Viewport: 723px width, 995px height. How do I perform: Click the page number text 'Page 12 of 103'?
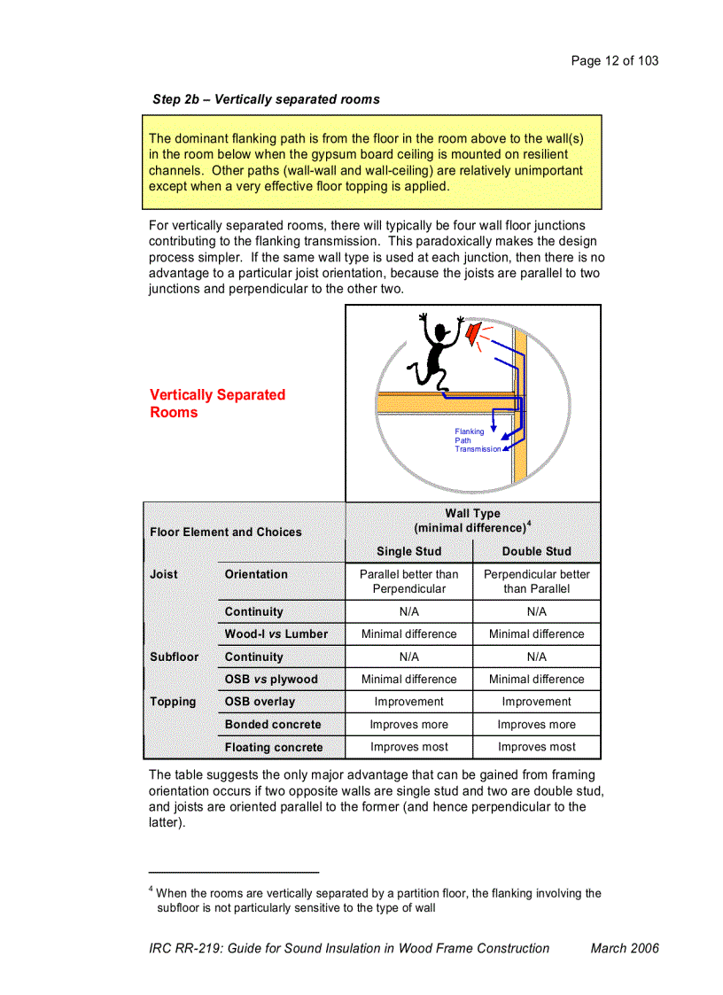coord(615,60)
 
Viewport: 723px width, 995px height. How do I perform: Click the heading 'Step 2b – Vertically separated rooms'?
coord(266,99)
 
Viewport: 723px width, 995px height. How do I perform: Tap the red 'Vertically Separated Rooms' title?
coord(217,403)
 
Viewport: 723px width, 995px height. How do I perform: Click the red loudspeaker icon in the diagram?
coord(475,333)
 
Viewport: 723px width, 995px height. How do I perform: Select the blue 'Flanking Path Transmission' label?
coord(477,440)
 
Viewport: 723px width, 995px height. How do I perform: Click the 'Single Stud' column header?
coord(408,551)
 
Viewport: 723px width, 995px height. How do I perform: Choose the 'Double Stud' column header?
coord(537,551)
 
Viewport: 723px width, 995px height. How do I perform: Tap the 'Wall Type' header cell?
coord(473,520)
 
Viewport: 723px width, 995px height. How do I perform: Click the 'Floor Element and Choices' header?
coord(226,532)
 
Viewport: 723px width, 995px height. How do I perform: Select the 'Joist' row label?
coord(164,574)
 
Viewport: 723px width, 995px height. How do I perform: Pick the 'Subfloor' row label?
coord(174,657)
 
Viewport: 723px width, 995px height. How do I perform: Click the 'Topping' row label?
coord(173,702)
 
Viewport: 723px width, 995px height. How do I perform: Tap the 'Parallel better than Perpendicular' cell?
coord(408,581)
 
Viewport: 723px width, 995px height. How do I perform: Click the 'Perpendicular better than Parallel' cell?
coord(537,581)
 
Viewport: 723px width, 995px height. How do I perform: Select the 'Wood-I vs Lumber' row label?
coord(276,634)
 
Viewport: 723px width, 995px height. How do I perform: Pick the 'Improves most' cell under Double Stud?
coord(537,747)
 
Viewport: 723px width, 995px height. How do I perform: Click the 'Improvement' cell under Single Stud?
coord(408,702)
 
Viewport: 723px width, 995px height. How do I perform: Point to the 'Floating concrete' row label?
coord(274,747)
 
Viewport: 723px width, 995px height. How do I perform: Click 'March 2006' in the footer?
coord(625,948)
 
